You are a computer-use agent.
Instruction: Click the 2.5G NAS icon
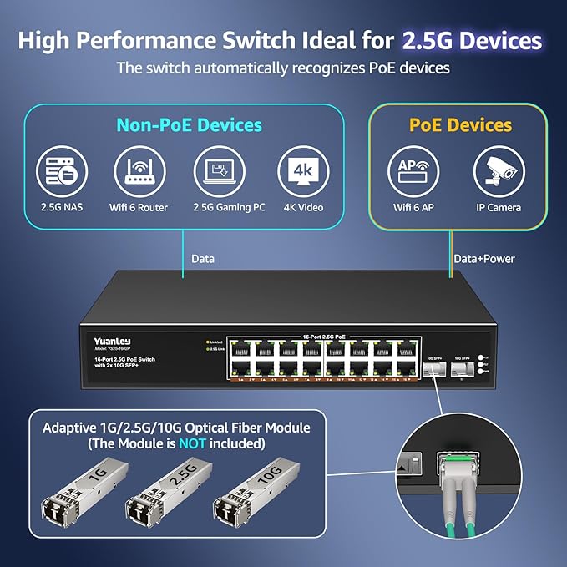click(x=62, y=172)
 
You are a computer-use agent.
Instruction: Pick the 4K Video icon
click(x=301, y=172)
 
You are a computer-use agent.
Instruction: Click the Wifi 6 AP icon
click(x=413, y=172)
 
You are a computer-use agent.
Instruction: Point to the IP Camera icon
click(x=499, y=172)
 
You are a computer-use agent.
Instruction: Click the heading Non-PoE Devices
click(x=189, y=125)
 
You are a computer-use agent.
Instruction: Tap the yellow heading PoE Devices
click(x=460, y=125)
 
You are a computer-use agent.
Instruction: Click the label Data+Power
click(x=483, y=259)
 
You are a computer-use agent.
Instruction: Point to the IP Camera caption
click(x=499, y=207)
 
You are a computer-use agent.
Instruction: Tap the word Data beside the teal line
click(x=203, y=259)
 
